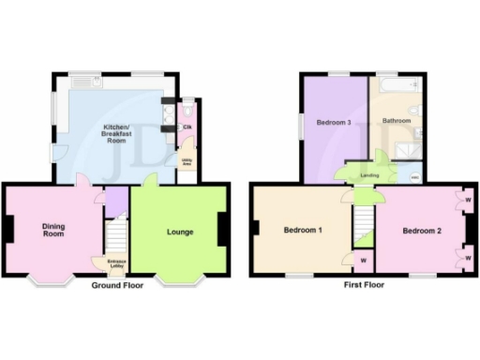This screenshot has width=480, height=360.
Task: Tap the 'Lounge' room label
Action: [180, 231]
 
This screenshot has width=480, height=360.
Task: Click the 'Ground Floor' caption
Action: [117, 285]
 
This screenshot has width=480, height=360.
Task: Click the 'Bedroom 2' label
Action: [421, 231]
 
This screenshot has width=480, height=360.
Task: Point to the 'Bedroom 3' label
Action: [333, 123]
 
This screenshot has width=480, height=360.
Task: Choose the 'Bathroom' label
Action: [396, 121]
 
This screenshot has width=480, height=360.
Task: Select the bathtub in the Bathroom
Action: [400, 85]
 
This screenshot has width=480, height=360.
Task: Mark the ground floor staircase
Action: [115, 234]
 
